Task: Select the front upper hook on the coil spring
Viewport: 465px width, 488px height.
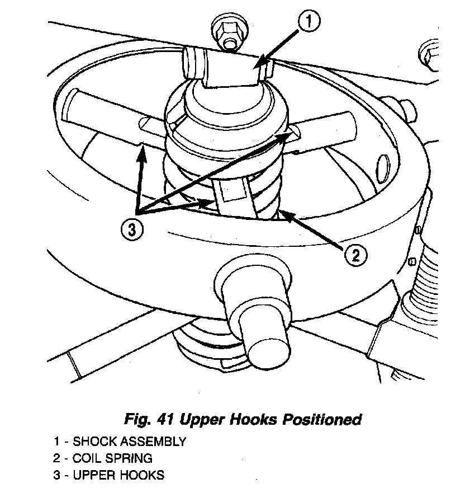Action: point(232,199)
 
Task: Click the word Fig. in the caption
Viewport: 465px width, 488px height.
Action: point(137,419)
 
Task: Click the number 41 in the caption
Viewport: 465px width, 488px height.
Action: point(167,419)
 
